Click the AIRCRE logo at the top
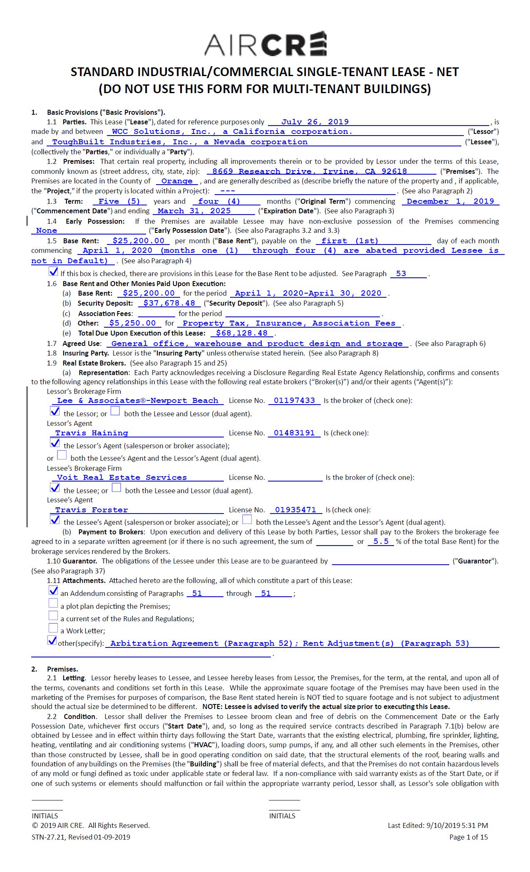coord(265,44)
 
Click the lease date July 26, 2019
coord(315,122)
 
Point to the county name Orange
coord(177,181)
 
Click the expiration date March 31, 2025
coord(194,211)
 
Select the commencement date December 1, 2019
coord(450,201)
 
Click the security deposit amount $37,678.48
coord(169,303)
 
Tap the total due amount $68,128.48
coord(242,333)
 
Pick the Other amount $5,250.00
coord(132,323)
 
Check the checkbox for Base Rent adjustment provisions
coord(53,272)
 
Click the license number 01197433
coord(294,400)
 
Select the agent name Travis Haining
coord(92,433)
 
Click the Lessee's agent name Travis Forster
coord(92,510)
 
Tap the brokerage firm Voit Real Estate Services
coord(121,477)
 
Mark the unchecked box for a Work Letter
coord(53,628)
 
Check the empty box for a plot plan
coord(53,603)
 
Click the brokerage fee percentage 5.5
coord(381,541)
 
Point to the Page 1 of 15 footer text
coord(468,837)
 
